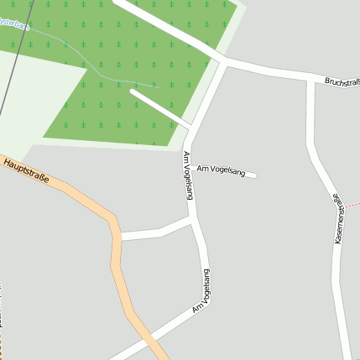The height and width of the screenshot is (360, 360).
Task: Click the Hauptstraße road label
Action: (25, 170)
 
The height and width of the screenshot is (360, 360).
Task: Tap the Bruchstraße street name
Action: (342, 82)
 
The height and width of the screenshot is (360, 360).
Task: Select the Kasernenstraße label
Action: (338, 220)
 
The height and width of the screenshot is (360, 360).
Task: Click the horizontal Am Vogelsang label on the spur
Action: (221, 171)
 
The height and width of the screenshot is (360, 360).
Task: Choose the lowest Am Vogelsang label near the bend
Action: (202, 292)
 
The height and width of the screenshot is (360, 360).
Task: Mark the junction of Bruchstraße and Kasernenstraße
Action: (310, 80)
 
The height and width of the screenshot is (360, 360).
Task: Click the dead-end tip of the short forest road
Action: (133, 92)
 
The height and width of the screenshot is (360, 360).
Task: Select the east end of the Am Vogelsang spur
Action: (253, 175)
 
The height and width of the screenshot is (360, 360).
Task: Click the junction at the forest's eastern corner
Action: (224, 61)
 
